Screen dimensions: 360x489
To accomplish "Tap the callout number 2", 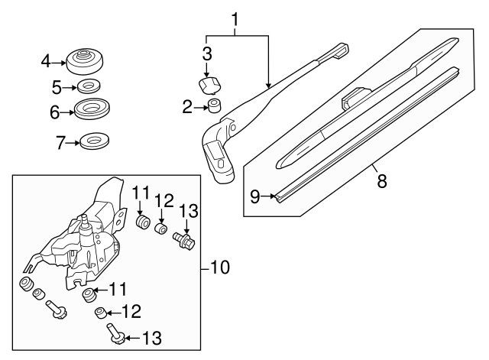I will (187, 107).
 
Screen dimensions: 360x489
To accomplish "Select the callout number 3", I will (206, 53).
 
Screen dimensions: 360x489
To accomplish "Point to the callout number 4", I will (46, 60).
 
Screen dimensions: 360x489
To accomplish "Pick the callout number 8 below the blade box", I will (54, 112).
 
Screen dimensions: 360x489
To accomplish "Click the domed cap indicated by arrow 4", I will (255, 197).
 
